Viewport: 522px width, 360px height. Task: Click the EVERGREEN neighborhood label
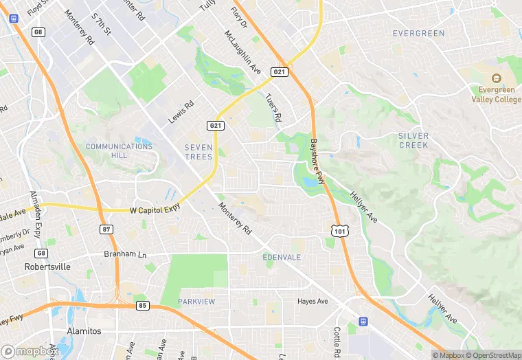pos(418,33)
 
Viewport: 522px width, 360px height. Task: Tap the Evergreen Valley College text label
pos(496,94)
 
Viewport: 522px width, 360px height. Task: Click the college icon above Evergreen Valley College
pos(499,80)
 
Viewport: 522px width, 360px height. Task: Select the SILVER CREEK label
pos(413,140)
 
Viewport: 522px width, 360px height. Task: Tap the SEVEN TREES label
pos(198,152)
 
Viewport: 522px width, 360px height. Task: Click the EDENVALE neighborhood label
pos(282,257)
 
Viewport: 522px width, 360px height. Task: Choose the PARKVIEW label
pos(196,302)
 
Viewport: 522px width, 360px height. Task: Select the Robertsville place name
pos(47,267)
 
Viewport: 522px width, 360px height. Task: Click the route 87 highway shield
pos(105,228)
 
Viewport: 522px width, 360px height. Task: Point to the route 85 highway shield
pos(143,305)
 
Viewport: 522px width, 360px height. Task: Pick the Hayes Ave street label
pos(313,301)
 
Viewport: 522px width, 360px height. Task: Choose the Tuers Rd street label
pos(273,108)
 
